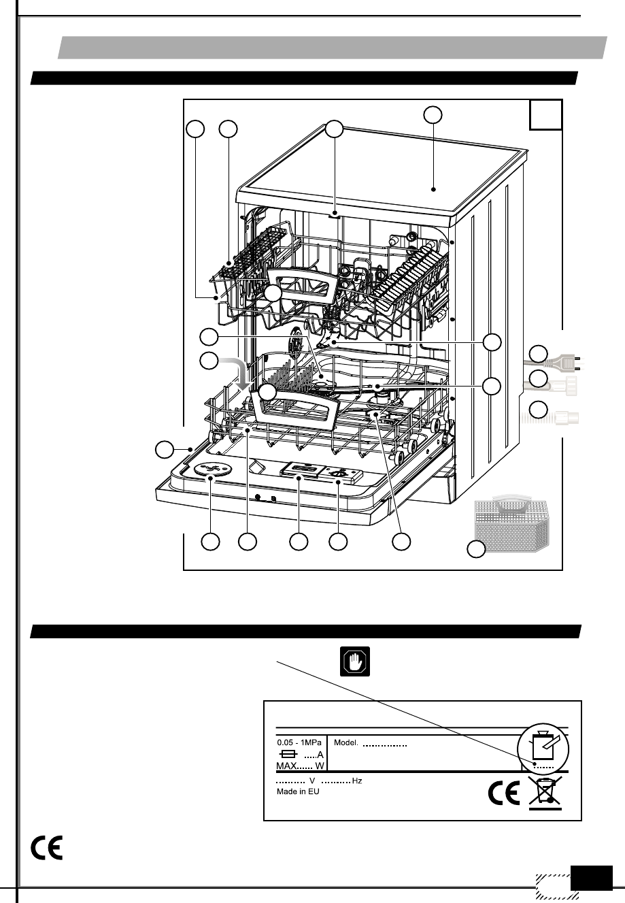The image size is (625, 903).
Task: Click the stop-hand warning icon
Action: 355,662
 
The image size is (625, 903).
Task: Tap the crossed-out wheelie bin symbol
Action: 545,793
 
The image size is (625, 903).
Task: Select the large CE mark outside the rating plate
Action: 47,847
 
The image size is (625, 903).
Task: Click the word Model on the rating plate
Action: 345,743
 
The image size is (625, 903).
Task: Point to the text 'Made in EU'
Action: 298,791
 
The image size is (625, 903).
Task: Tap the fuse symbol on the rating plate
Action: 288,755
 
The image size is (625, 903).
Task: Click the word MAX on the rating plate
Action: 286,766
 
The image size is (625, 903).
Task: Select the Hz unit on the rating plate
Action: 357,781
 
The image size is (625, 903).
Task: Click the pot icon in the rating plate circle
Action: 544,745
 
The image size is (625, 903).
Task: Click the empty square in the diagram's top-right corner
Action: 546,114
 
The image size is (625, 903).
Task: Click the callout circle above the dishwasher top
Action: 433,114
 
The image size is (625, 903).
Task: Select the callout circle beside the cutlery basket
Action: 479,549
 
